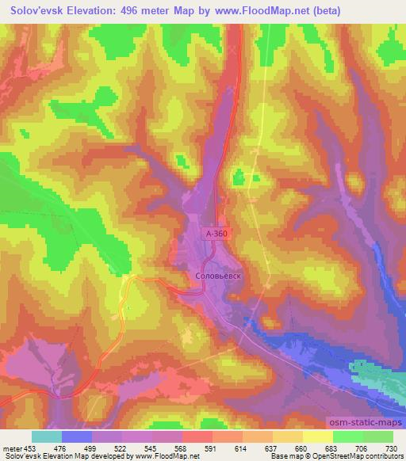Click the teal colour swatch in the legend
47,436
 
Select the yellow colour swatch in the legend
318,436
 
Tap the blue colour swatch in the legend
77,436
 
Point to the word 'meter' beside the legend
13,448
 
